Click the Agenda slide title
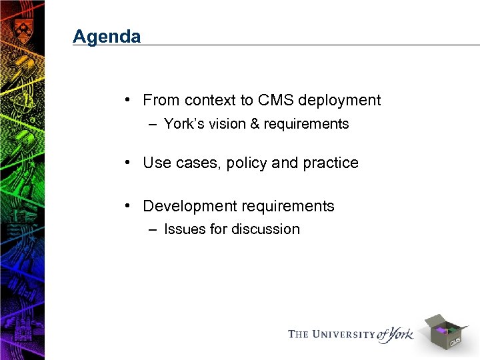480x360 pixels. point(107,36)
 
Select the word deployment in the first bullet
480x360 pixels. point(340,101)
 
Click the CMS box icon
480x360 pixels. point(445,331)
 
